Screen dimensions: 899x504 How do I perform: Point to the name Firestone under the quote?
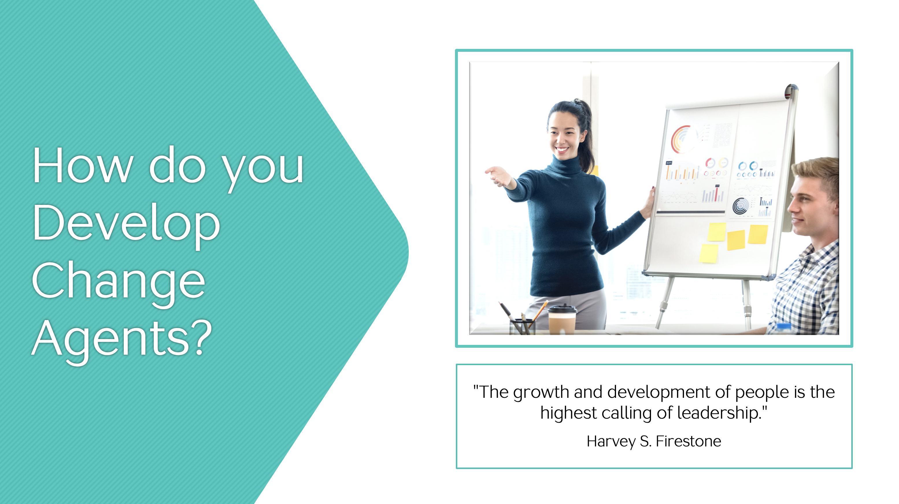pos(688,441)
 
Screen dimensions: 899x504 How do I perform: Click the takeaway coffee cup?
pos(562,320)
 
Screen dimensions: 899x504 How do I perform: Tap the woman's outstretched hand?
pos(498,176)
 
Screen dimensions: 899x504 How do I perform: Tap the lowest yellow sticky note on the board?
pos(709,253)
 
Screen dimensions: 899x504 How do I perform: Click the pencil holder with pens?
pos(522,327)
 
